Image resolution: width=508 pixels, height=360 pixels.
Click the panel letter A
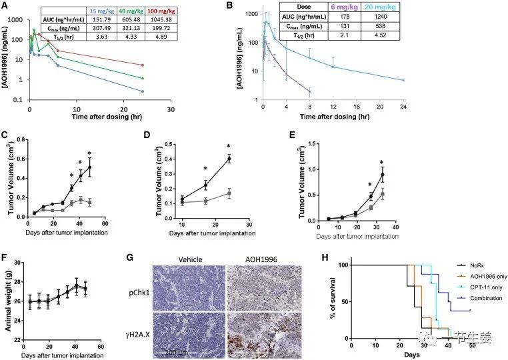point(5,6)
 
